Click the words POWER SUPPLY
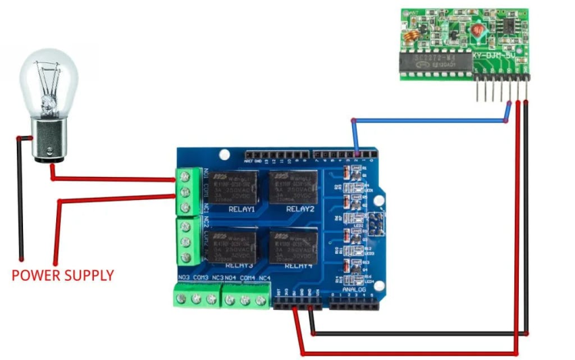coord(62,275)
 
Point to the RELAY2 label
coord(300,208)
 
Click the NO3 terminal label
coord(184,278)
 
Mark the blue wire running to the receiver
coord(430,120)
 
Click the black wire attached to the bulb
coord(21,200)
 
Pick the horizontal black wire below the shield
coord(415,334)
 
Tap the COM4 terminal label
coord(247,278)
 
